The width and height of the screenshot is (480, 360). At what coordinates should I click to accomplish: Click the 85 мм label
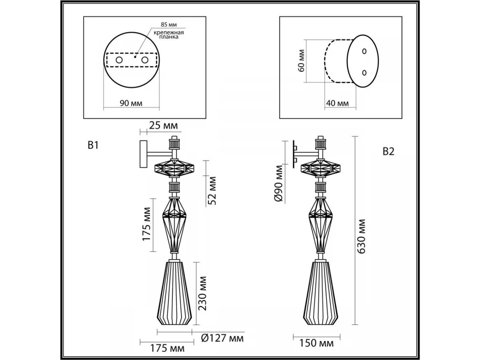click(x=169, y=24)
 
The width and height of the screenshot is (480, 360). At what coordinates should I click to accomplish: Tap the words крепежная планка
click(x=168, y=35)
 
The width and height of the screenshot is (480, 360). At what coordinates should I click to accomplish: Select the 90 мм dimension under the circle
click(x=131, y=103)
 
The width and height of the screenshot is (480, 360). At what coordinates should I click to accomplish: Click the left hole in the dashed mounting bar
click(x=119, y=60)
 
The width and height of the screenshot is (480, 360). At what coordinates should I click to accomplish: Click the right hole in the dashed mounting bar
click(x=145, y=60)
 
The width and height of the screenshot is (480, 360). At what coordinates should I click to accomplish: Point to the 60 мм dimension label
click(x=301, y=60)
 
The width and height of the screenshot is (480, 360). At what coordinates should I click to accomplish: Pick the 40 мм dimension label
click(x=338, y=103)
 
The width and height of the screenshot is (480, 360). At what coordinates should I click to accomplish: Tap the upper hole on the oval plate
click(x=364, y=51)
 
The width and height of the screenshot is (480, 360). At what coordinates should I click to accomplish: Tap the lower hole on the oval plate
click(x=364, y=72)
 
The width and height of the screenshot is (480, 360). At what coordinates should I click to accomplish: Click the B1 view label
click(x=93, y=145)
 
